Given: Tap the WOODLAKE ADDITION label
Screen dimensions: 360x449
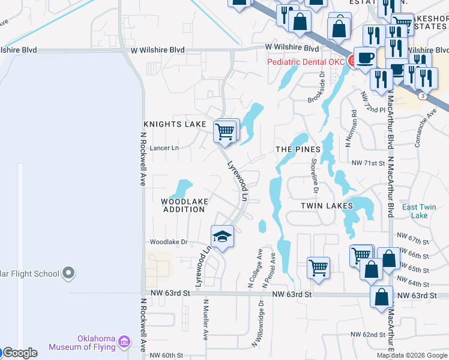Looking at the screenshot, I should point(184,205).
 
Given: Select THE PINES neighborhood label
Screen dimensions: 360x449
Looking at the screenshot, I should point(295,149).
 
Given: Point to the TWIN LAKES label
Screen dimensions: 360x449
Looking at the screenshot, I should point(327,205).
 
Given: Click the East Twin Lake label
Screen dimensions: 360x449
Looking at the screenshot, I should point(418,211).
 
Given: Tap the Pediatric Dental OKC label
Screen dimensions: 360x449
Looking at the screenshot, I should point(306,62).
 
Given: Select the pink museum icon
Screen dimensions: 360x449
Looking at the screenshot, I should point(124,342).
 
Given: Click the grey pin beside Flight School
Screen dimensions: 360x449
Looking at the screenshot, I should point(68,274).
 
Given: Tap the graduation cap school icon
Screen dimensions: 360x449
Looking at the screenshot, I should point(222,236).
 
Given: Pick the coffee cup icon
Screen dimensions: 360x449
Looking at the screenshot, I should point(366,58).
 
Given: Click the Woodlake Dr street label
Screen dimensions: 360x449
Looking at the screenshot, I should point(169,242).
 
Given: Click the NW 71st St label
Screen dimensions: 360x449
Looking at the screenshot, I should point(367,163).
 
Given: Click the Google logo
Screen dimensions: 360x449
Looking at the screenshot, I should point(20,353).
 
